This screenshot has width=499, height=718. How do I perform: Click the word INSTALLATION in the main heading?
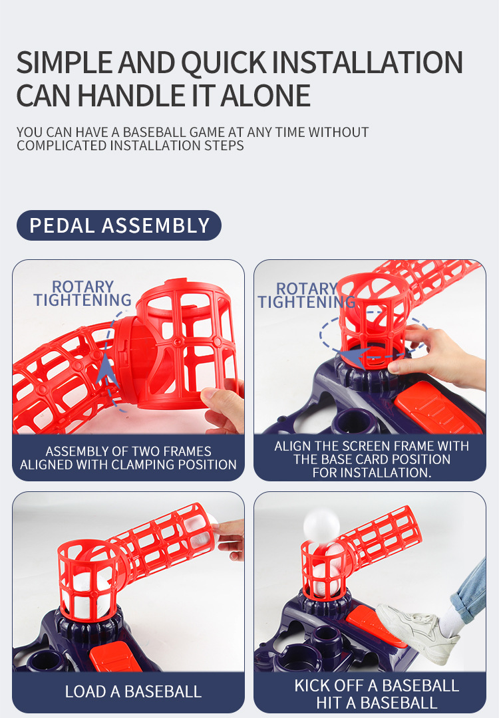368,62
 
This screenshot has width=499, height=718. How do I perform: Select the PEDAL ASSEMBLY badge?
119,225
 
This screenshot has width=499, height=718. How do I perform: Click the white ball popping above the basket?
321,525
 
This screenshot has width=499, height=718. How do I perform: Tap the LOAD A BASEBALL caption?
133,691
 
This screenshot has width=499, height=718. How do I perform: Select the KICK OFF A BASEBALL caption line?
377,685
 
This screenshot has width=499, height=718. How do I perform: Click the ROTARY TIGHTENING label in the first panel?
83,293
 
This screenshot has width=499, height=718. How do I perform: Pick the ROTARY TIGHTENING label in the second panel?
307,295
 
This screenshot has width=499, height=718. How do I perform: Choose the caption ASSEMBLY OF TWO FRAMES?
128,451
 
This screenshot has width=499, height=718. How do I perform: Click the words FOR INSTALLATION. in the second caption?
372,473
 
